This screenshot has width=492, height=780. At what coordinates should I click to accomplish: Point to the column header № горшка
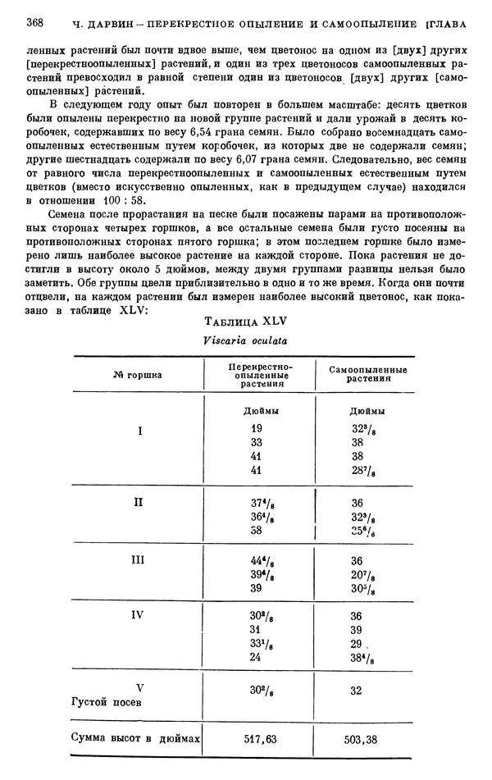[138, 375]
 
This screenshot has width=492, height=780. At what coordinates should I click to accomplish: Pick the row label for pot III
[139, 560]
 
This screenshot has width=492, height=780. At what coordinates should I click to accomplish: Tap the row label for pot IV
[139, 614]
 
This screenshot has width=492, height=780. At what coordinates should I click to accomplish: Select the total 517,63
[261, 739]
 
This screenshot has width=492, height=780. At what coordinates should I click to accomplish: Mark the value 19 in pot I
[256, 428]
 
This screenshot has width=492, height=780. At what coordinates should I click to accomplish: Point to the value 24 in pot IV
[256, 657]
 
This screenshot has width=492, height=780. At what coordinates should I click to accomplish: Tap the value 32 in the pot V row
[356, 691]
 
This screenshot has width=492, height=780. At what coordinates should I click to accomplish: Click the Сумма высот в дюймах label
[135, 739]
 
